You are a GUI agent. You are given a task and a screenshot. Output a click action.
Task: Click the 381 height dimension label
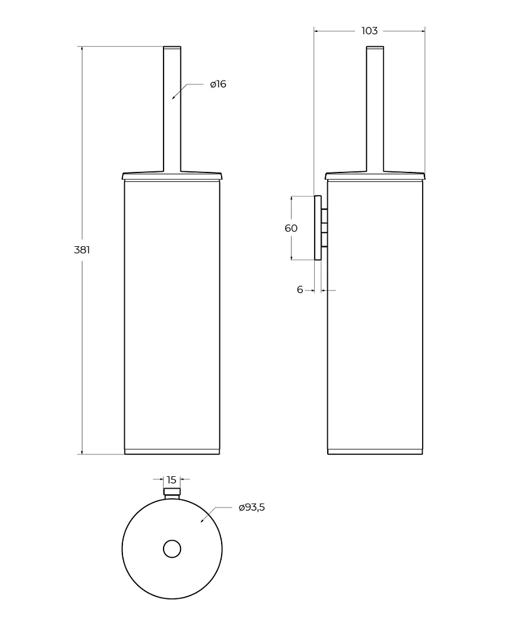coord(82,250)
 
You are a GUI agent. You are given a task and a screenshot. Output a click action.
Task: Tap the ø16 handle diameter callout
coord(218,84)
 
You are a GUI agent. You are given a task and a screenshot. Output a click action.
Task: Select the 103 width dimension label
coord(369,31)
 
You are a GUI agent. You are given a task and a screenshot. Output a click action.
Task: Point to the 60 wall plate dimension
coord(291,228)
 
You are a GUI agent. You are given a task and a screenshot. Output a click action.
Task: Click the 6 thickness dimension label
coord(300,290)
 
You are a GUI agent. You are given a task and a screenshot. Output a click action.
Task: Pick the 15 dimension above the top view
coord(172,479)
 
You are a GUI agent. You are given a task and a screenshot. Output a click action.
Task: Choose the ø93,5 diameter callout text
coord(252,507)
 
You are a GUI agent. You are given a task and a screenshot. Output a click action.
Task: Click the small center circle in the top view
coord(172,549)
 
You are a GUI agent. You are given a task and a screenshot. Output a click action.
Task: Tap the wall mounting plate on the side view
coord(318,227)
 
